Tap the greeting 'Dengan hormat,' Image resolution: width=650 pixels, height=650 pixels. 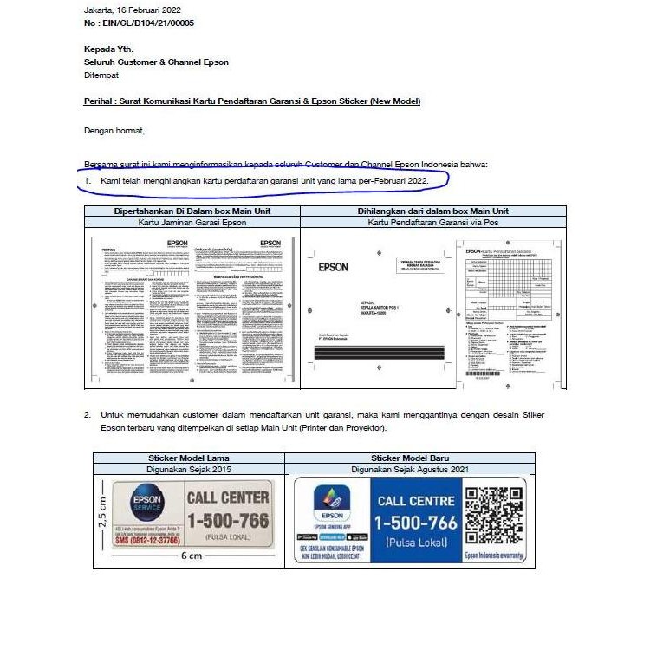pos(114,131)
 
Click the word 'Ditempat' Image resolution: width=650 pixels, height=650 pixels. pos(101,75)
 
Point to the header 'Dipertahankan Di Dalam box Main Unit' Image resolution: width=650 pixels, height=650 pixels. pos(192,211)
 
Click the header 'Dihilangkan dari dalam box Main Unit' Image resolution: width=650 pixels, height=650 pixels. pos(432,211)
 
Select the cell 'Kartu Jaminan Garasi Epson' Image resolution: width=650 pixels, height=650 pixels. pos(192,223)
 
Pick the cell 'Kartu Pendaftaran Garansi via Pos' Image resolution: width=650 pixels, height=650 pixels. pos(432,223)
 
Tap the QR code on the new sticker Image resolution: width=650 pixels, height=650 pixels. pos(493,511)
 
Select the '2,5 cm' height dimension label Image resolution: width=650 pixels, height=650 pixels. pos(102,514)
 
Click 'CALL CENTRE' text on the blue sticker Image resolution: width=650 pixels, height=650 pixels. pos(416,501)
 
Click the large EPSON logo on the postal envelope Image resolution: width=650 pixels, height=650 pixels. pos(334,267)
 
